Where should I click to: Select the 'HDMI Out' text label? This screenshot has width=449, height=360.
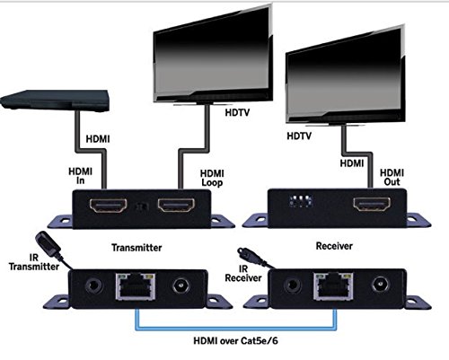(392, 176)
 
